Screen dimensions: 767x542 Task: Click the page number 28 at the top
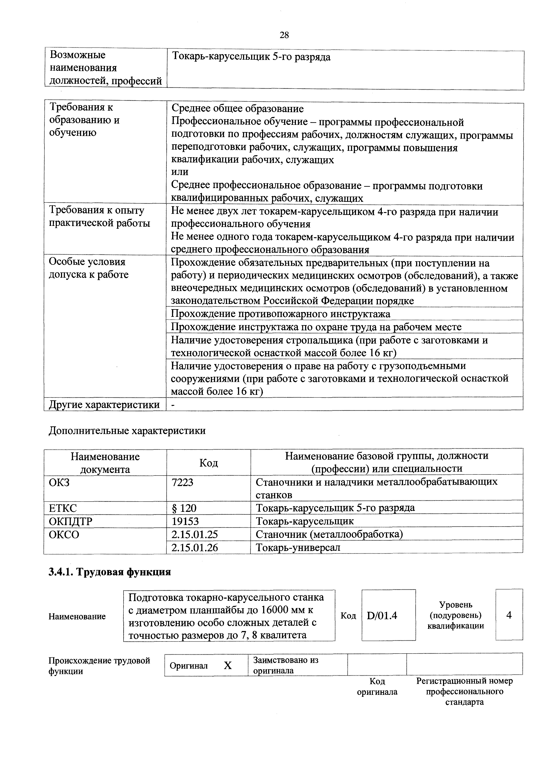pyautogui.click(x=284, y=35)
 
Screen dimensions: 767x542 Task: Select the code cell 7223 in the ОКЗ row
pyautogui.click(x=182, y=482)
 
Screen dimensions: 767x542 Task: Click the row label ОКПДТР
pyautogui.click(x=70, y=521)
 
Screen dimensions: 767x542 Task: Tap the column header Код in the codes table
pyautogui.click(x=208, y=463)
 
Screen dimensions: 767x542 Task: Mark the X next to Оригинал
pyautogui.click(x=228, y=666)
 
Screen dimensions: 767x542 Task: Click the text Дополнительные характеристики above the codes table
pyautogui.click(x=127, y=431)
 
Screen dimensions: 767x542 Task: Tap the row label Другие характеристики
pyautogui.click(x=104, y=404)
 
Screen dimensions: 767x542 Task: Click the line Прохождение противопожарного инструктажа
pyautogui.click(x=281, y=314)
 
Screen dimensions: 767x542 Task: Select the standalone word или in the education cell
pyautogui.click(x=180, y=172)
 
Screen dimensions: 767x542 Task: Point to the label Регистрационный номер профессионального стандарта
pyautogui.click(x=464, y=691)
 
